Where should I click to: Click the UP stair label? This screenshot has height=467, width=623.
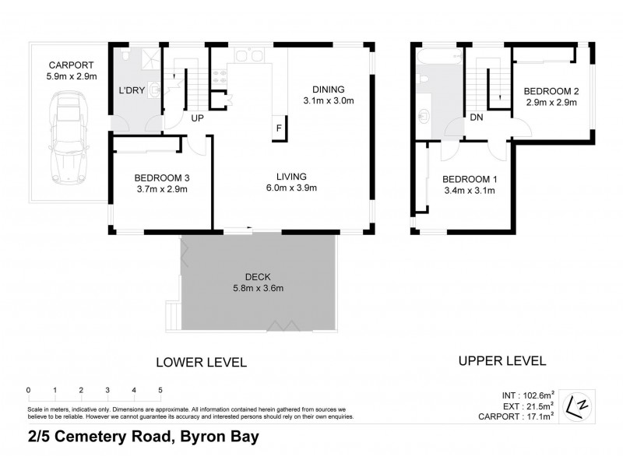[198, 118]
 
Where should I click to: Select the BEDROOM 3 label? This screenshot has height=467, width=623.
[162, 177]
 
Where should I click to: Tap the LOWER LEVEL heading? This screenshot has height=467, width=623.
[201, 362]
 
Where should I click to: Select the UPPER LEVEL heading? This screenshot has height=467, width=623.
[502, 361]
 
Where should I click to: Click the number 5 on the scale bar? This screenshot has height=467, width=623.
[160, 389]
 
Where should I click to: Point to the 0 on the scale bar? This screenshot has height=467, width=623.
[28, 389]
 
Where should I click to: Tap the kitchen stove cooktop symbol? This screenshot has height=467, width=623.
[220, 75]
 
